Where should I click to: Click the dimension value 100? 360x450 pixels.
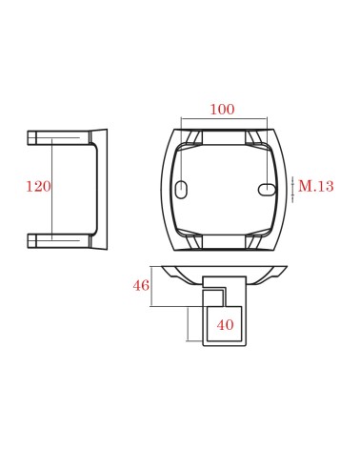(x=223, y=110)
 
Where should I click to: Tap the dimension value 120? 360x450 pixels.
(x=38, y=187)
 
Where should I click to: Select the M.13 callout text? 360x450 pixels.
(x=316, y=186)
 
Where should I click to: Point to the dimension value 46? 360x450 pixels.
(x=141, y=285)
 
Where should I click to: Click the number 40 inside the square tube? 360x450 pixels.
(x=226, y=325)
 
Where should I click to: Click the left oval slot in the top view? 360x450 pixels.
(x=181, y=190)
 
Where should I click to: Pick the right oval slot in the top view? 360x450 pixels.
(x=267, y=190)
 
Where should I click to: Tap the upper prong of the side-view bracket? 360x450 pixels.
(x=59, y=138)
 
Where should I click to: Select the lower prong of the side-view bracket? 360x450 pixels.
(x=59, y=241)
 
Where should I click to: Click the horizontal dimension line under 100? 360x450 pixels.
(x=224, y=119)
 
